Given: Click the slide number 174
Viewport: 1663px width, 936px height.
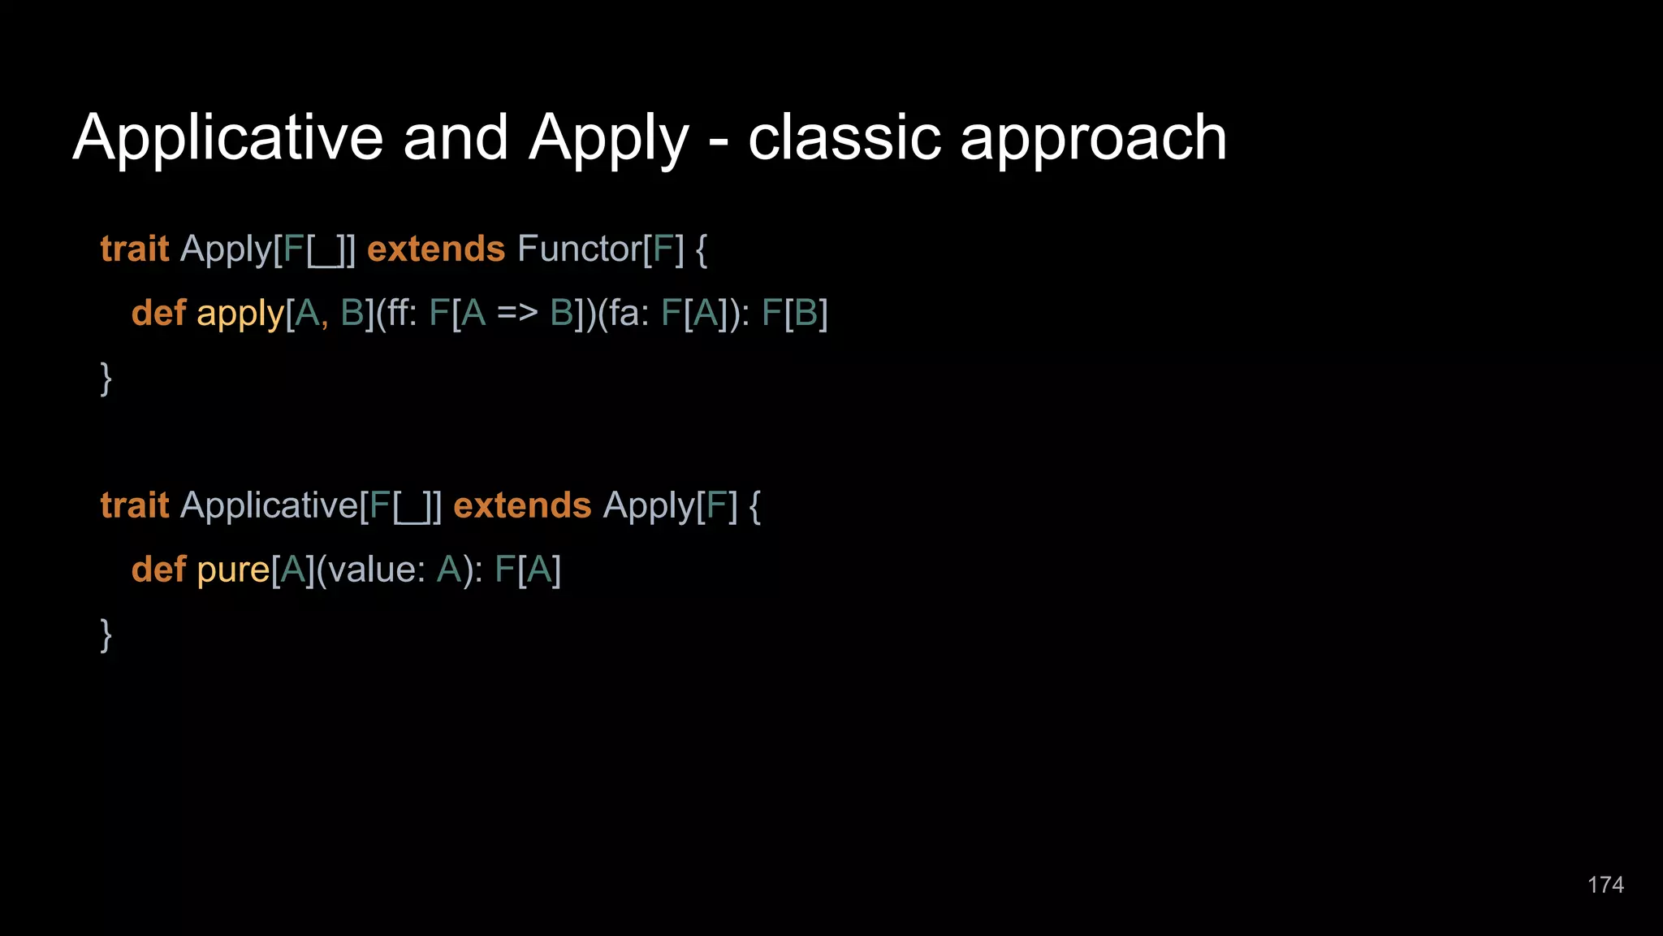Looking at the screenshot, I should tap(1605, 885).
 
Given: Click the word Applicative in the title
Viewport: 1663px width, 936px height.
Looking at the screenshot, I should tap(227, 137).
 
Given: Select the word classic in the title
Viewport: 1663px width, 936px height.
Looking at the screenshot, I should tap(844, 137).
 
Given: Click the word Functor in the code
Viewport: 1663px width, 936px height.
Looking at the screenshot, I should tap(579, 249).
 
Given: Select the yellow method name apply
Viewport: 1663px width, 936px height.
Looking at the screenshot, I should tap(240, 314).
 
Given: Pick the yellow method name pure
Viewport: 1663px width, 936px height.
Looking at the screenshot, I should tap(233, 570).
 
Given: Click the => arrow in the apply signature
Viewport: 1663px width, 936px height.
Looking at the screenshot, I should tap(517, 313).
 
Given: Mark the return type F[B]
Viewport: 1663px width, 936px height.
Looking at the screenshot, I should tap(794, 313).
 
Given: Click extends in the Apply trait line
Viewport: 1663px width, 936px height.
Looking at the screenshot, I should tap(436, 249).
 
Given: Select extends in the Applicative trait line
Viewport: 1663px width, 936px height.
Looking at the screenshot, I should tap(522, 505).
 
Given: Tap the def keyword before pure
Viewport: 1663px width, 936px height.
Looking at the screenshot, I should tap(158, 570).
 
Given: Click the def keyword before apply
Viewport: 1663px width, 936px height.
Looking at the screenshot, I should tap(158, 313).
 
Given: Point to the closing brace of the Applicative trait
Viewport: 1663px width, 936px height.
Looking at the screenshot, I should tap(106, 634).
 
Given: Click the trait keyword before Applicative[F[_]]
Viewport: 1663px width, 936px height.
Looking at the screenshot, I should tap(135, 505).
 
